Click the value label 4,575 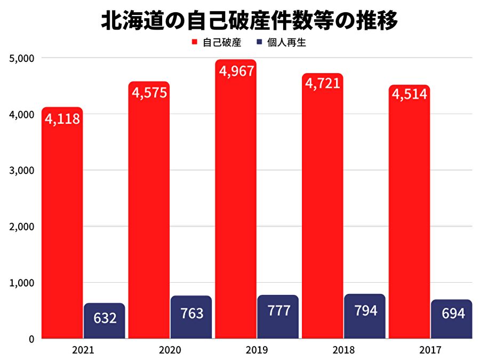(x=149, y=92)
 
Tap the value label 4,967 (x=236, y=71)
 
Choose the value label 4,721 (x=322, y=83)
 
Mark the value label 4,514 (x=409, y=94)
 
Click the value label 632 (x=105, y=318)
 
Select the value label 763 (x=191, y=313)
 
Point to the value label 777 (x=278, y=311)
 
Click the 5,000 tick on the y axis (x=22, y=58)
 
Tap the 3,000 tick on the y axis (x=22, y=170)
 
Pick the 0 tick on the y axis (x=31, y=339)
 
